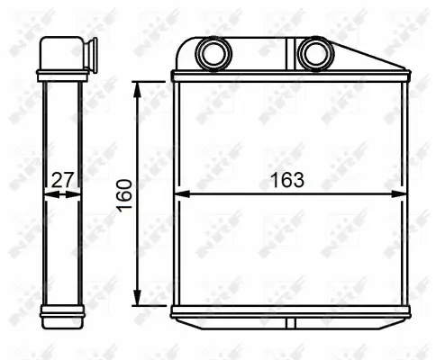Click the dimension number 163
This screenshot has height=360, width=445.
[287, 179]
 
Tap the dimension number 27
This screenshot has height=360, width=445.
[61, 179]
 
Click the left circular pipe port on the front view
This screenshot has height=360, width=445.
[213, 53]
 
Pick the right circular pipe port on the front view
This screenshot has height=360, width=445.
[314, 53]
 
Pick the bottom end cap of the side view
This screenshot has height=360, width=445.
[62, 312]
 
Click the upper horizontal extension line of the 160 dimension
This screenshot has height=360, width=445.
[153, 82]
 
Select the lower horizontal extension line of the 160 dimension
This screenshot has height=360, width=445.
[153, 306]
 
